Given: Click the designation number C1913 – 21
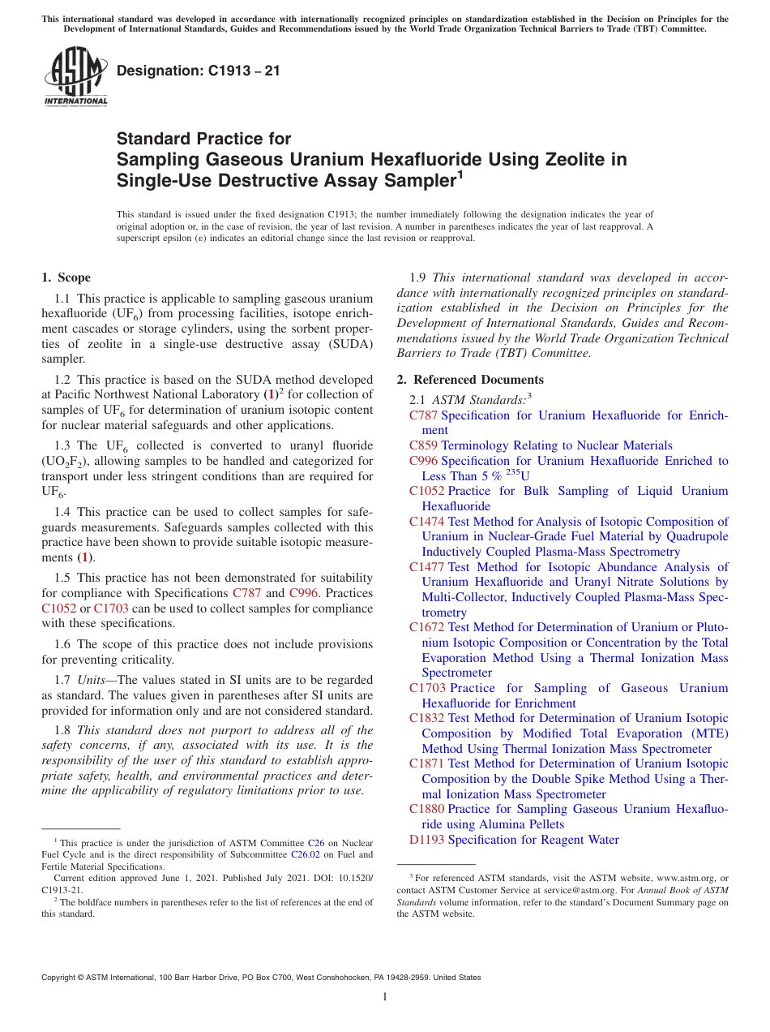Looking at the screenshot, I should pos(199,71).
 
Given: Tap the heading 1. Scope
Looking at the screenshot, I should pos(66,277).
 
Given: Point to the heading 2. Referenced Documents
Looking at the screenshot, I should pos(470,380).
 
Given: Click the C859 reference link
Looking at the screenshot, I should pos(424,445).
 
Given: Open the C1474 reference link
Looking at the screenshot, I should pos(426,522).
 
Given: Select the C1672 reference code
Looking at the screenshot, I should pos(426,627).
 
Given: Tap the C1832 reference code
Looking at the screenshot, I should pos(426,718).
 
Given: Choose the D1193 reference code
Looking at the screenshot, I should pos(426,840).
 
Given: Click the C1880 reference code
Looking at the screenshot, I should pos(426,809).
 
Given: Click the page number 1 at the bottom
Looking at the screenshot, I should pos(385,997).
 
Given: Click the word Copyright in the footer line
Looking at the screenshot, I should pos(62,978).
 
